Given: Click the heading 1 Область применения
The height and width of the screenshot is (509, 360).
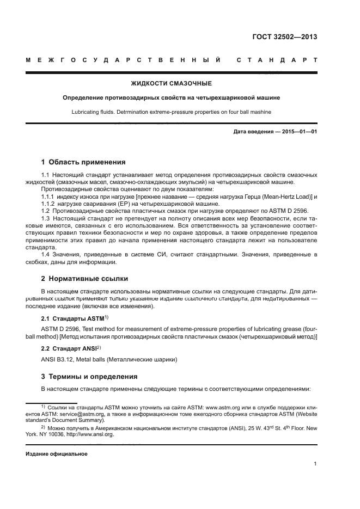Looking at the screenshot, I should pos(83,162).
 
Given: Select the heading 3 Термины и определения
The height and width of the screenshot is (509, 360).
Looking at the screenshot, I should pos(86,376).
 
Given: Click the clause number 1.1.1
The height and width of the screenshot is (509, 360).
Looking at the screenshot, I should pos(50,195).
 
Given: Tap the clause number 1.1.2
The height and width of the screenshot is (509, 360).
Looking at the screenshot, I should pos(50,203).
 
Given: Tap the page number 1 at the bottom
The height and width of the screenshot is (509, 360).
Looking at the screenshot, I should pos(315,464).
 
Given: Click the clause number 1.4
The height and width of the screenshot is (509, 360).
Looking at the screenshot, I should pos(46,254).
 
